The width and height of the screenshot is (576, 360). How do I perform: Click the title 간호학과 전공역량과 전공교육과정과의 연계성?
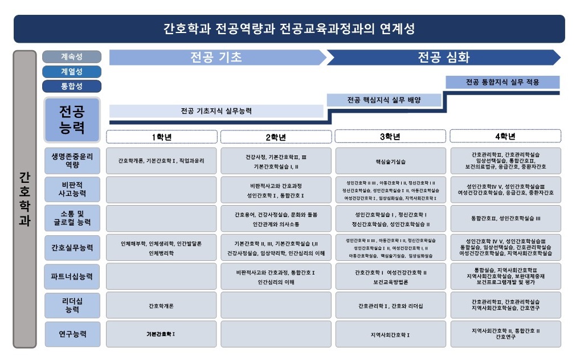[x=289, y=28]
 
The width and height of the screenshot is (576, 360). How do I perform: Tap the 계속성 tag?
[x=72, y=57]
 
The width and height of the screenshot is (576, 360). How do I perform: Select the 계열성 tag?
[x=72, y=72]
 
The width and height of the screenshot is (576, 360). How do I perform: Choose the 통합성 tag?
[x=72, y=87]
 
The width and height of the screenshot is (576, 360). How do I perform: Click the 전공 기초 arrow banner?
[x=216, y=58]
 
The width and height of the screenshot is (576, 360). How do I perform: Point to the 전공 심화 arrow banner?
[x=443, y=58]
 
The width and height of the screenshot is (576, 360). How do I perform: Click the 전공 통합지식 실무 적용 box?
[x=502, y=82]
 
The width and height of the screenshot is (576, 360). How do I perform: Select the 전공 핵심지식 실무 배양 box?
[x=384, y=100]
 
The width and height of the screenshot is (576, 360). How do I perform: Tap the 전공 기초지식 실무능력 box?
[x=216, y=111]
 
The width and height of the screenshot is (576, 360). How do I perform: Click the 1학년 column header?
[x=162, y=137]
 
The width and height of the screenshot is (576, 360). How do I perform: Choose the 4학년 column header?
[x=505, y=137]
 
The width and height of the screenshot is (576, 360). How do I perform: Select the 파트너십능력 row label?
[x=72, y=276]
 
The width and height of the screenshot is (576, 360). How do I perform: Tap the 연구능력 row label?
[x=72, y=334]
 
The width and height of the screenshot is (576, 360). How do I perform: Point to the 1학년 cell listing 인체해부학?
[x=162, y=247]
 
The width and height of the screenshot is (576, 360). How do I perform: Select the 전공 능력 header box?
[x=72, y=120]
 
